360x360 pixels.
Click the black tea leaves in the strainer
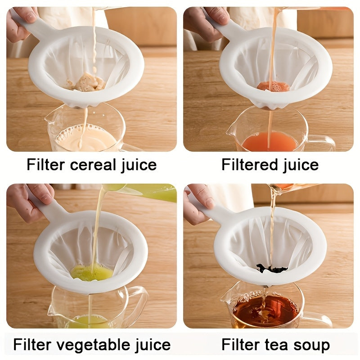272,269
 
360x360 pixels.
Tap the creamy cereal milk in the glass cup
85,139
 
